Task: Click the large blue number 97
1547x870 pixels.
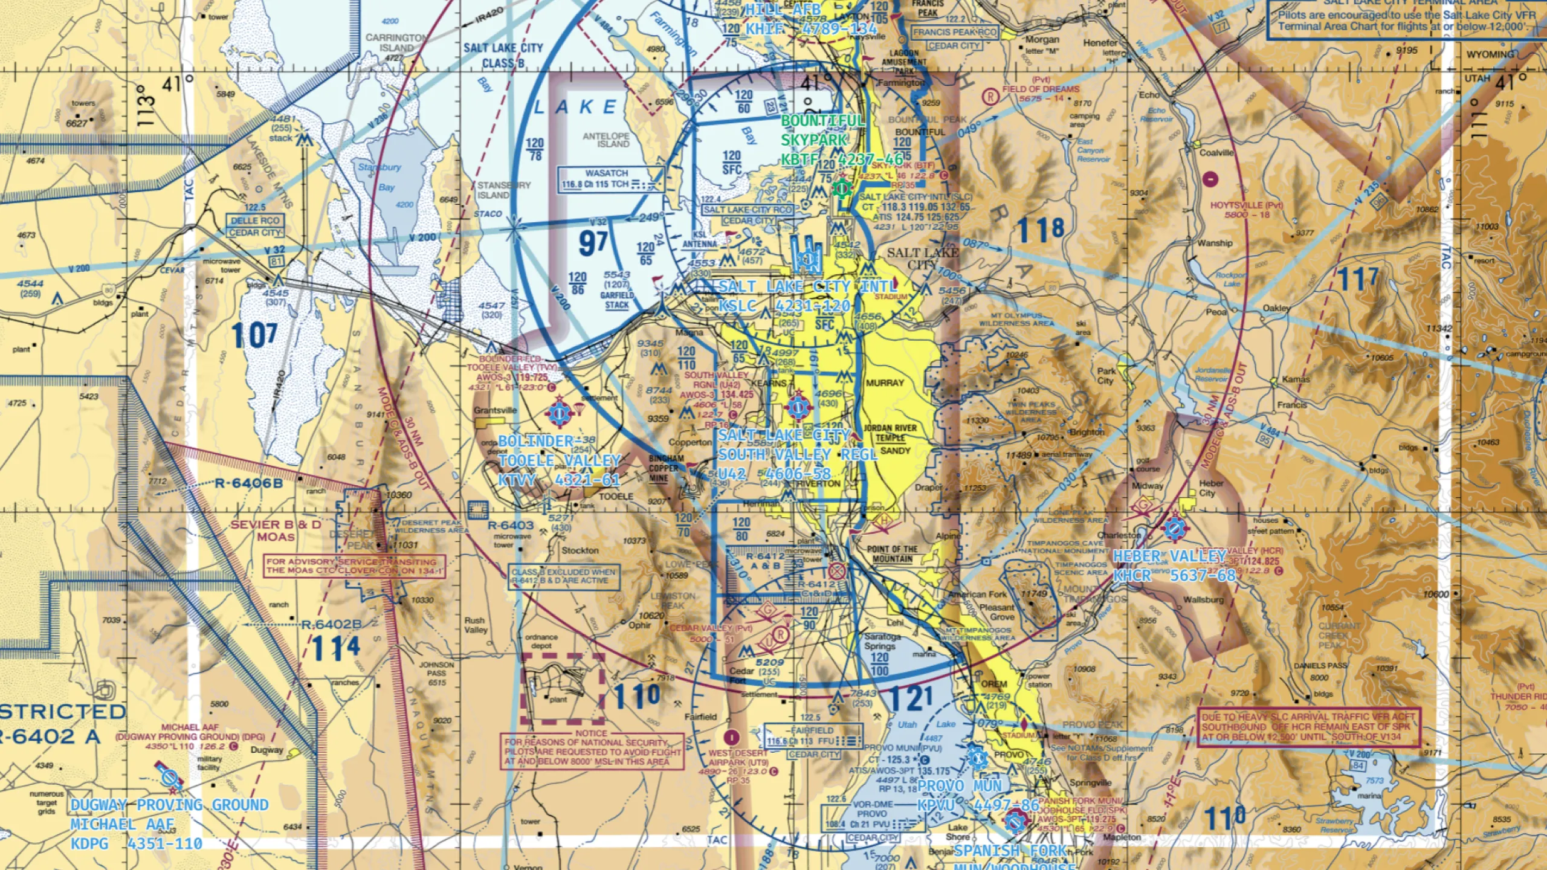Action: pos(593,243)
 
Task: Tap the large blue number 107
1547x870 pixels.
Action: pos(254,335)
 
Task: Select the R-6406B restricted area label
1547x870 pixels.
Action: pos(248,483)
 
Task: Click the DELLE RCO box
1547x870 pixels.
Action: pos(255,221)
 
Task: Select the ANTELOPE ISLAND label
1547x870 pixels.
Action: pos(606,140)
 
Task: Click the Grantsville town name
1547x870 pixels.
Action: pos(495,410)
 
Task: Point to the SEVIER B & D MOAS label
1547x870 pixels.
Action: pos(276,530)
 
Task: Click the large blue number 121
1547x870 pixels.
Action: pos(911,699)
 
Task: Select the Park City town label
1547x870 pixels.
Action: pos(1106,376)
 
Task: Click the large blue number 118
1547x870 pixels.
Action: pos(1041,230)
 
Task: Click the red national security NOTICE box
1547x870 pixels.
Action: pos(592,751)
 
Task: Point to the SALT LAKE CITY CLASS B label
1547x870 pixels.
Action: pos(503,55)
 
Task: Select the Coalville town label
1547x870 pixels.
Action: pos(1216,153)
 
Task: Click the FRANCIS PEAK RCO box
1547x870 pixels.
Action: pos(954,32)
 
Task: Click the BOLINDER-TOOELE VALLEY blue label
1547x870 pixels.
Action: pos(559,460)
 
